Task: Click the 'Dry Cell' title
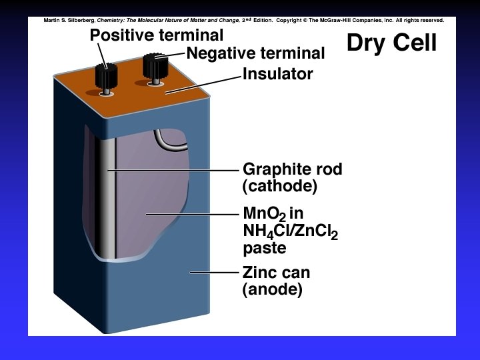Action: pyautogui.click(x=391, y=43)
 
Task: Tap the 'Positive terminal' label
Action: pyautogui.click(x=157, y=35)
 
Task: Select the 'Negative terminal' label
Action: pyautogui.click(x=255, y=53)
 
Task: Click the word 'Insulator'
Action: pyautogui.click(x=277, y=74)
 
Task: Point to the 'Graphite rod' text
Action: pyautogui.click(x=292, y=169)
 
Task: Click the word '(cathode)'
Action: pyautogui.click(x=280, y=186)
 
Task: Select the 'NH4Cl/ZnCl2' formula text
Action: pyautogui.click(x=291, y=233)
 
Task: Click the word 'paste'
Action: pyautogui.click(x=265, y=249)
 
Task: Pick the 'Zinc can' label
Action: pyautogui.click(x=276, y=273)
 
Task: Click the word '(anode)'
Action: pyautogui.click(x=273, y=289)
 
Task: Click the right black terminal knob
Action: pyautogui.click(x=155, y=67)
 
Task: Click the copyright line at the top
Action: pyautogui.click(x=243, y=20)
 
